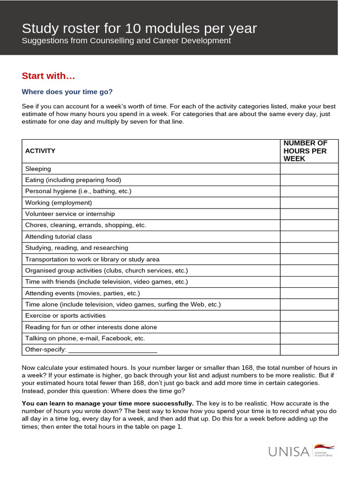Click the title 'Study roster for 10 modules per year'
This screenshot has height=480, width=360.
tap(139, 29)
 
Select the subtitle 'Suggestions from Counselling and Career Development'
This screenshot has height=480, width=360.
tap(126, 41)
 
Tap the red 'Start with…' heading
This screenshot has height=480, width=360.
tap(48, 76)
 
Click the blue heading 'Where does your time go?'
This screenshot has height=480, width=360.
tap(67, 92)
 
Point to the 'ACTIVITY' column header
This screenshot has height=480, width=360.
tap(40, 151)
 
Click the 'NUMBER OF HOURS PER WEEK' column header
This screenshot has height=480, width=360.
tap(305, 151)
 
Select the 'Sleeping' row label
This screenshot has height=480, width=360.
tap(38, 169)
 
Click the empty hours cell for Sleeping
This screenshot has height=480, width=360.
tap(309, 169)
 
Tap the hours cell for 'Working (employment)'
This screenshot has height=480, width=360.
tap(309, 202)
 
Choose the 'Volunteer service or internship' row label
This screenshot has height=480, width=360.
tap(70, 214)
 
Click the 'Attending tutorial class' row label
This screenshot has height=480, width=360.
tap(59, 237)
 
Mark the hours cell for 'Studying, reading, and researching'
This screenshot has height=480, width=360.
tap(309, 248)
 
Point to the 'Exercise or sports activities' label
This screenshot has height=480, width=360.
tap(65, 315)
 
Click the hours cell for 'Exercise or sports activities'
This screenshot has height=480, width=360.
tap(309, 315)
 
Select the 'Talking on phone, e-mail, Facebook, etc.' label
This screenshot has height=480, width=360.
tap(85, 338)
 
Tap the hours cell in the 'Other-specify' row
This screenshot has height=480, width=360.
tap(309, 350)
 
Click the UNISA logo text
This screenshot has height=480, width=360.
tap(289, 452)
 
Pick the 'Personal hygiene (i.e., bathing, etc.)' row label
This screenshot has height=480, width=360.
tap(78, 191)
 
